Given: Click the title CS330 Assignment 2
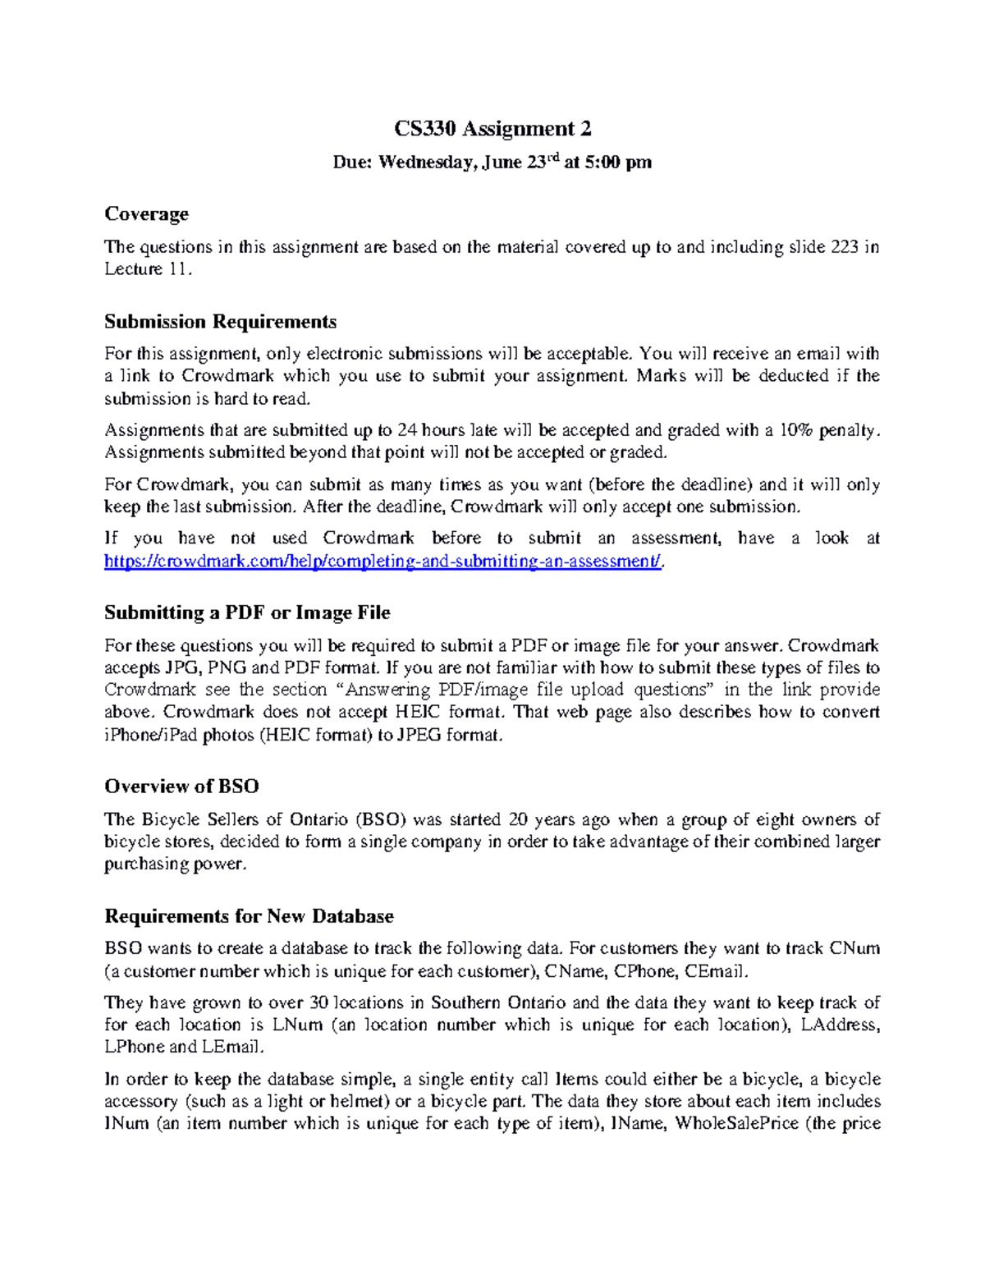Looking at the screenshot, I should (492, 129).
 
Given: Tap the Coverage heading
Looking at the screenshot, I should (146, 213).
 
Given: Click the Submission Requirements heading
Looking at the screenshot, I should (220, 321).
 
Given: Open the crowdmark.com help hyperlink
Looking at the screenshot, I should (383, 562).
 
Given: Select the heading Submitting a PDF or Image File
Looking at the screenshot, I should (247, 612).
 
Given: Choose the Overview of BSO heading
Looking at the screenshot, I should (181, 787).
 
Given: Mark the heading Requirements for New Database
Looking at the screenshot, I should (249, 916).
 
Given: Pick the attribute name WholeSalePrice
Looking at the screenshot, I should (736, 1124).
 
